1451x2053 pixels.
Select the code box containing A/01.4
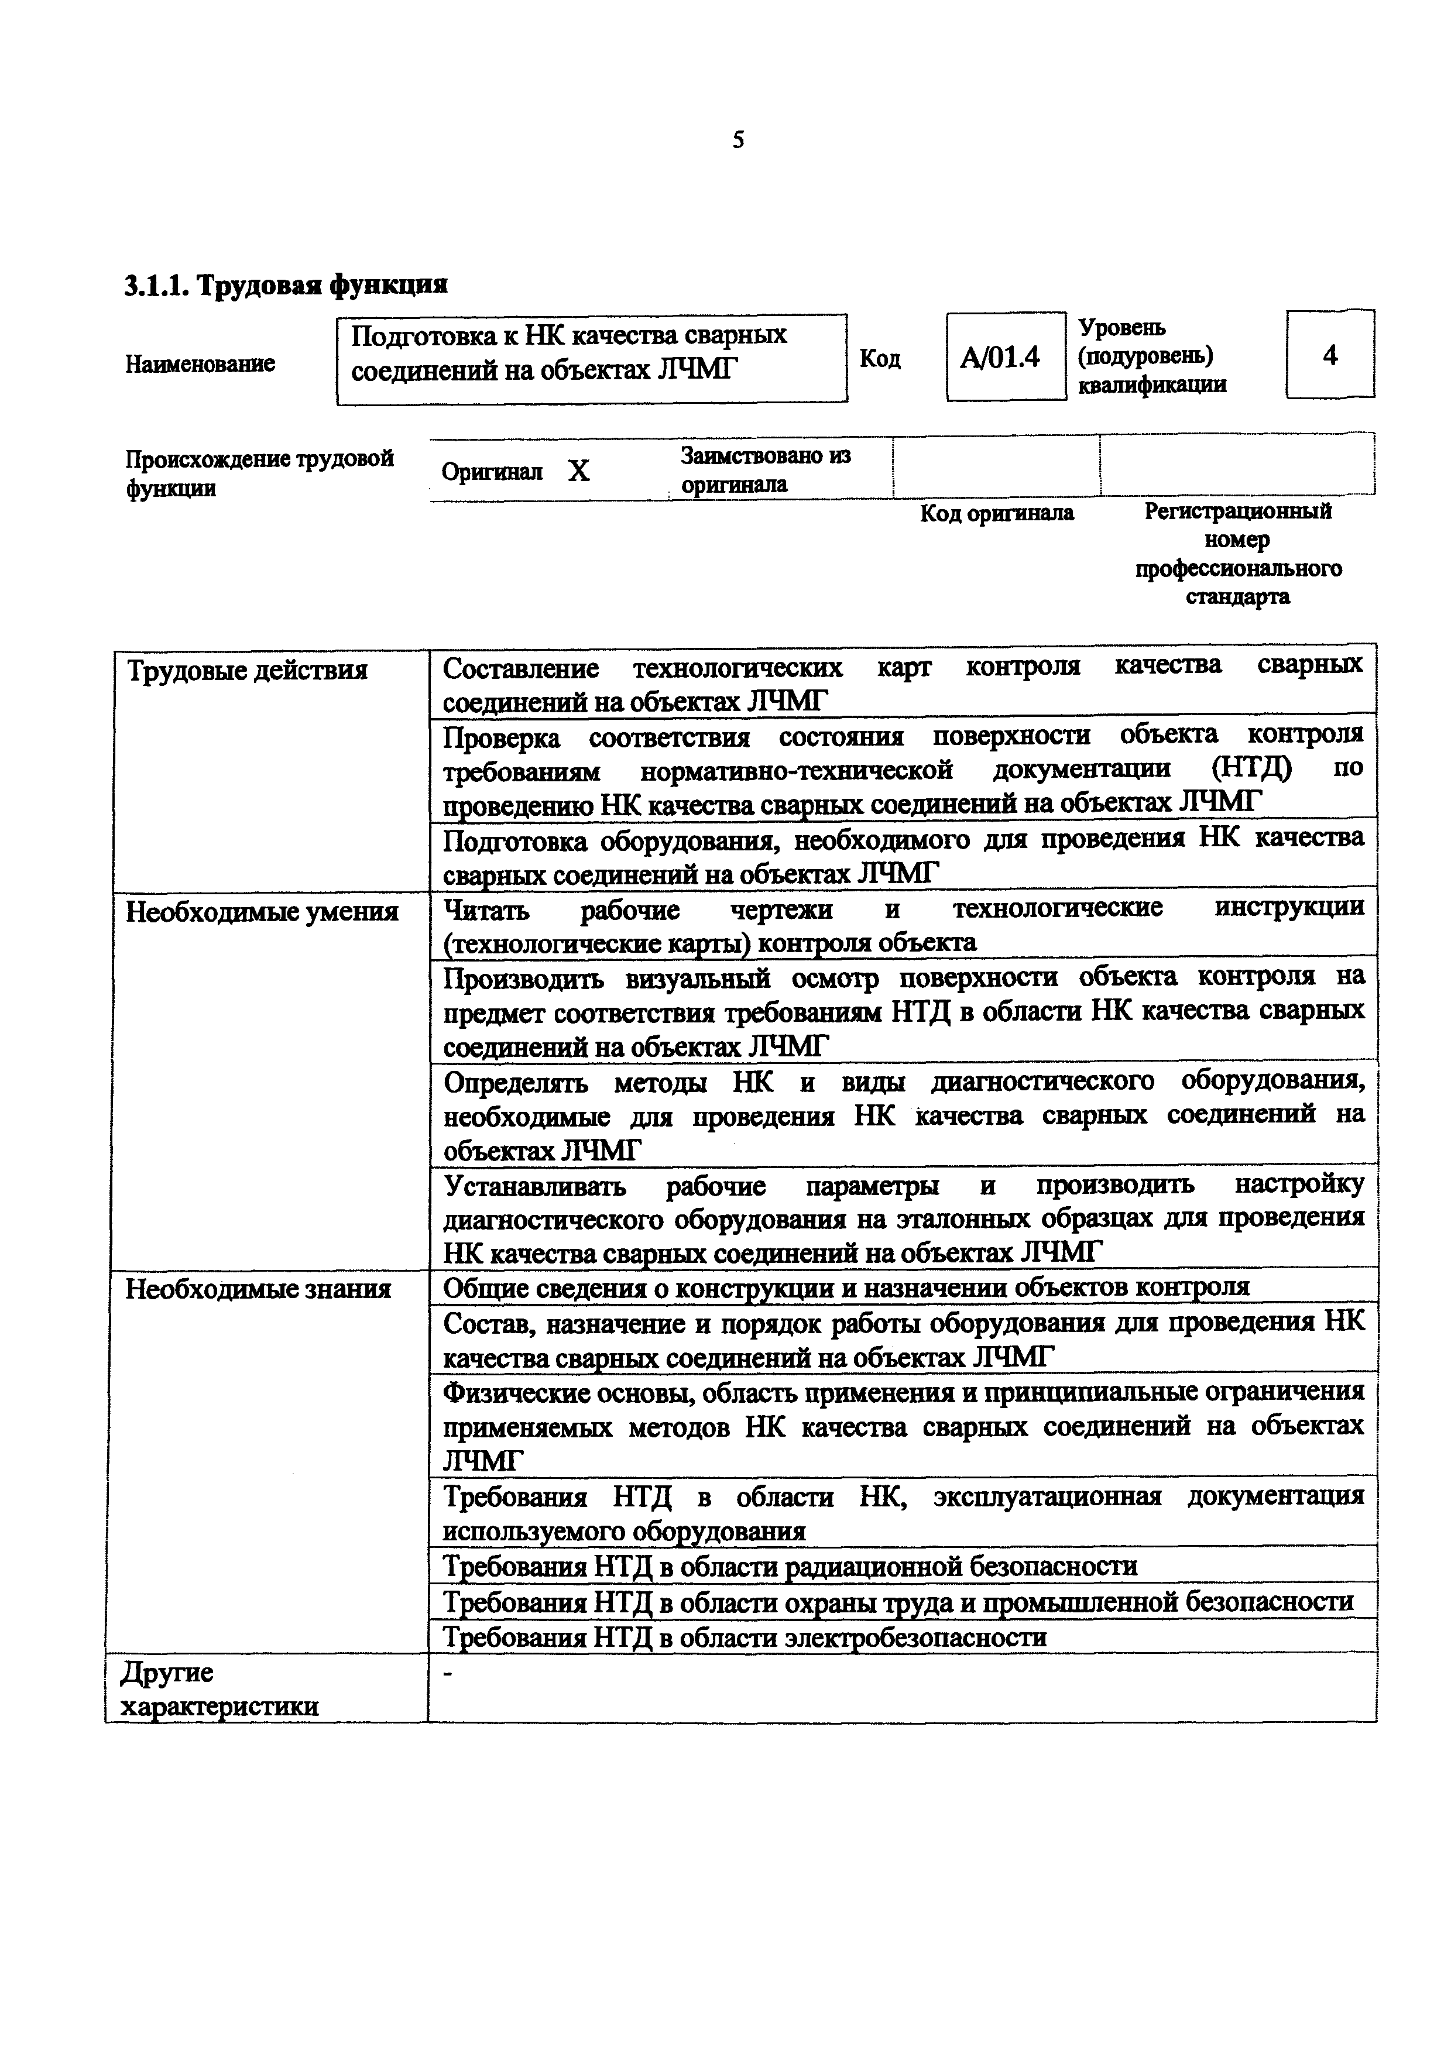pyautogui.click(x=1005, y=358)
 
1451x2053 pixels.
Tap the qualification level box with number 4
pyautogui.click(x=1329, y=355)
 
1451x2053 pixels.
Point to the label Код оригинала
pyautogui.click(x=997, y=513)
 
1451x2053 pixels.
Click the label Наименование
pyautogui.click(x=200, y=364)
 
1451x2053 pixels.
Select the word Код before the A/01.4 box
pyautogui.click(x=880, y=359)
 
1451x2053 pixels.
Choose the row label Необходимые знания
pyautogui.click(x=258, y=1289)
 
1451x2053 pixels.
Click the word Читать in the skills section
pyautogui.click(x=486, y=910)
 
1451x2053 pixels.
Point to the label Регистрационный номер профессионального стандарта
pyautogui.click(x=1238, y=554)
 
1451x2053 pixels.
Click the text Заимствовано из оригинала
pyautogui.click(x=764, y=469)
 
